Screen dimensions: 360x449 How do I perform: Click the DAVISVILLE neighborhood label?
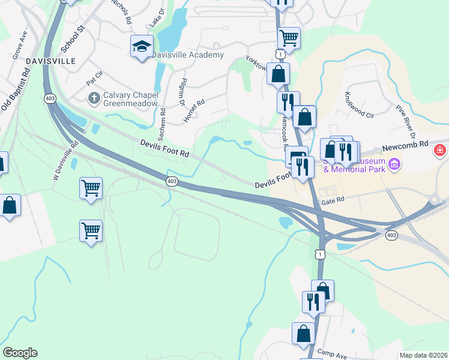(50, 61)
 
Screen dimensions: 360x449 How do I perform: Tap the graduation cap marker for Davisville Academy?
(142, 46)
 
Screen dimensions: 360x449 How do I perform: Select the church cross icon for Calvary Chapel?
(94, 97)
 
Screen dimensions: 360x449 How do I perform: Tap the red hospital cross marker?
(441, 149)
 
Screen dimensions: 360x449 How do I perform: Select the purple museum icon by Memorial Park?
(394, 164)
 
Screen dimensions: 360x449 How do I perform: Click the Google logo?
(20, 353)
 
